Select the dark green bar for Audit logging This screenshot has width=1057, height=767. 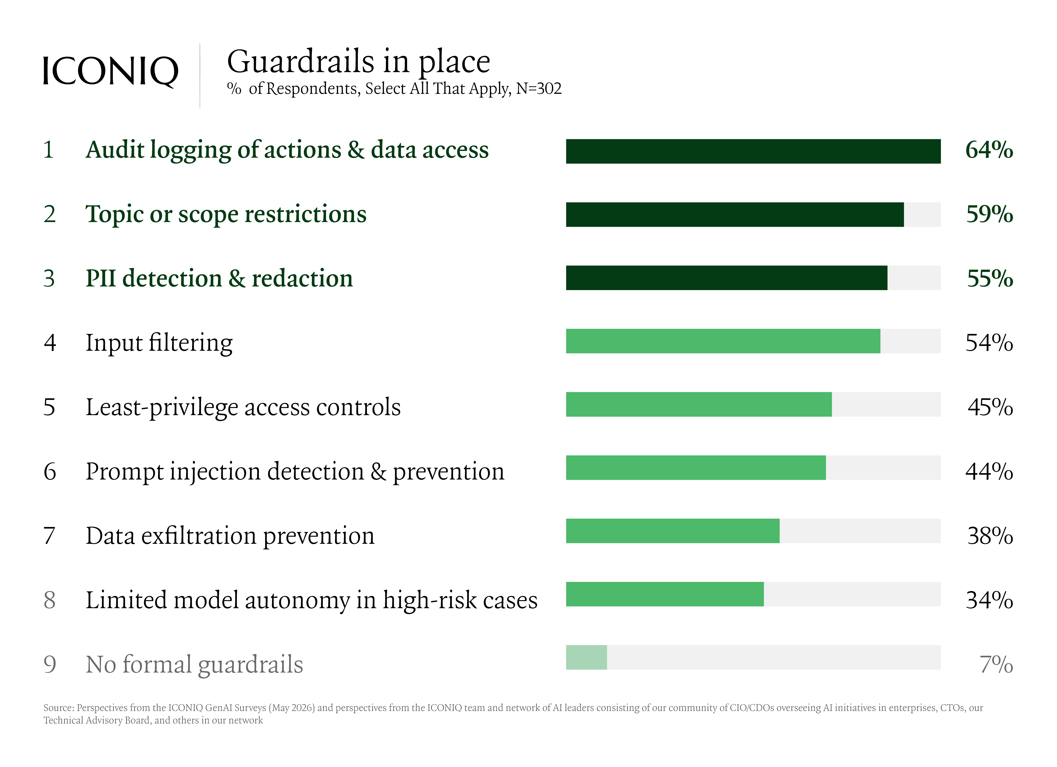click(x=753, y=151)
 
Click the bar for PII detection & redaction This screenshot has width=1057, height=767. click(x=727, y=278)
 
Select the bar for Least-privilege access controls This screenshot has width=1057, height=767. click(x=699, y=404)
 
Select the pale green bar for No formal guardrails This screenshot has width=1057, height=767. click(x=586, y=657)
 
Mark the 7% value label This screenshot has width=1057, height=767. click(x=997, y=665)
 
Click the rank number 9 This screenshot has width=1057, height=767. click(x=50, y=665)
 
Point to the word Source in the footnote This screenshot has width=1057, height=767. click(x=58, y=708)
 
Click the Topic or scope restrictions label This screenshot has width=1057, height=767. click(x=226, y=215)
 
